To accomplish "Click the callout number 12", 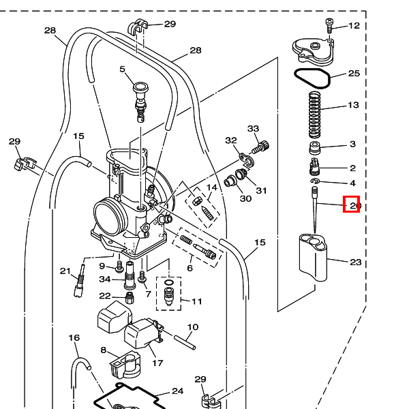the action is coord(354,26).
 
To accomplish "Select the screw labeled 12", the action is coord(330,25).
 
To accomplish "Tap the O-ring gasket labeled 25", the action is coord(312,78).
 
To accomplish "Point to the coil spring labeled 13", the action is coord(315,115).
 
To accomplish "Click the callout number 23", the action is coord(356,262).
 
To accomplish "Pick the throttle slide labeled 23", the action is coord(313,257).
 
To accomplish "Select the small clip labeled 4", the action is coord(316,181).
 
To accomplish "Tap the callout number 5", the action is coord(122,69).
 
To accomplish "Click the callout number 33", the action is coord(254,128).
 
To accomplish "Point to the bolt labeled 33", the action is coord(260,147).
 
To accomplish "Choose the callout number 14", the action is coord(211,187).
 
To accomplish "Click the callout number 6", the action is coord(190,268).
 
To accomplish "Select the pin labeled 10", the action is coord(185,342).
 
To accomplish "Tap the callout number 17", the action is coord(157,363).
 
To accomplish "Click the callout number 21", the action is coord(65,271).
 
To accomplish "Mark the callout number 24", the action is coord(178,391).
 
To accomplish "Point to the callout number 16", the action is coord(74,338).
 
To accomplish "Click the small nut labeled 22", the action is coord(130,298).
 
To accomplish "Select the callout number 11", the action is coord(197,301).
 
